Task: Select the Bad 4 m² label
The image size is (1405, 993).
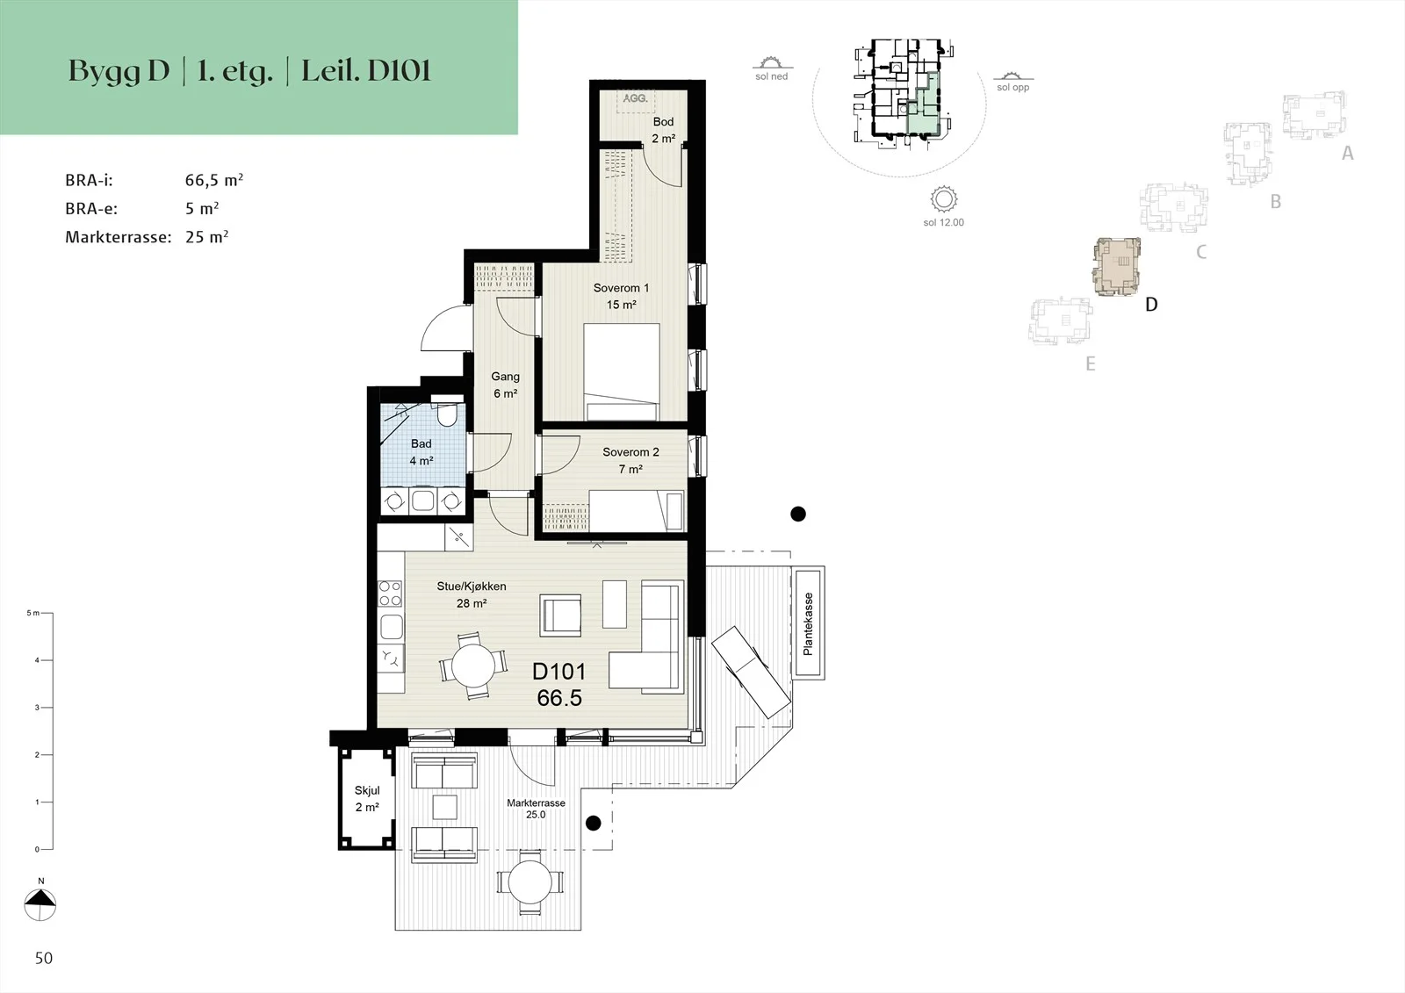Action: pos(421,451)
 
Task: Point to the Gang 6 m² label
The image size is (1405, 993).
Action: pos(505,385)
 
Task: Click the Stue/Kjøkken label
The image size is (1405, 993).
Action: pos(471,586)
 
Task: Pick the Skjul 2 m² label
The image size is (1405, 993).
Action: pos(367,799)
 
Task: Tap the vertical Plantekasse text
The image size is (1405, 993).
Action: pos(808,623)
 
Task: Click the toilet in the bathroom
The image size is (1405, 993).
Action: pos(447,412)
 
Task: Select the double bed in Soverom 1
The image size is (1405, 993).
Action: pos(621,371)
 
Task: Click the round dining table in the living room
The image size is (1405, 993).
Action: pos(473,666)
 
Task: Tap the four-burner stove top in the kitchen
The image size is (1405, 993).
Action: pos(390,593)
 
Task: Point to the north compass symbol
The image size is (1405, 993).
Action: pos(40,904)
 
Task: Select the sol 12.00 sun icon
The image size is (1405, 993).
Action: pos(943,199)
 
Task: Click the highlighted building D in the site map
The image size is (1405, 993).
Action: pos(1116,266)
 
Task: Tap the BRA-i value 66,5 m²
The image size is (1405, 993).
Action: pos(214,180)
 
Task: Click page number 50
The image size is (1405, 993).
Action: pos(44,958)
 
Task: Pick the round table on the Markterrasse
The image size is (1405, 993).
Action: pos(530,882)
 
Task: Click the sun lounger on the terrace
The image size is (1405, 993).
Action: pos(750,671)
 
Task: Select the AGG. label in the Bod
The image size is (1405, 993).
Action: pos(636,98)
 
